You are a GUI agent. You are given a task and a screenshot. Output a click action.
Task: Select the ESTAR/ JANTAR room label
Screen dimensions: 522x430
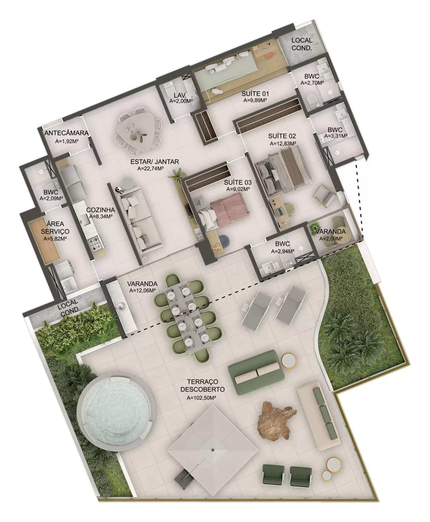click(154, 161)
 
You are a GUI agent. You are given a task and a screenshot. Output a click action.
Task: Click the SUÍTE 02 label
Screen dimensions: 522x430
click(282, 136)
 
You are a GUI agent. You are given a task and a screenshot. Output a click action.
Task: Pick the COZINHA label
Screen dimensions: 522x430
click(100, 210)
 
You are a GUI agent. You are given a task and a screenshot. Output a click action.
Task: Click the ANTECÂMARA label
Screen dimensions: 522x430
click(66, 133)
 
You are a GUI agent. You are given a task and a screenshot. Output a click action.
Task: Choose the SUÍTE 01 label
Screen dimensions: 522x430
click(255, 94)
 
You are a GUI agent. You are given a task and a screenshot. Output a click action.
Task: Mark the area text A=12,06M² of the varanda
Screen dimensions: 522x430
click(143, 290)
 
